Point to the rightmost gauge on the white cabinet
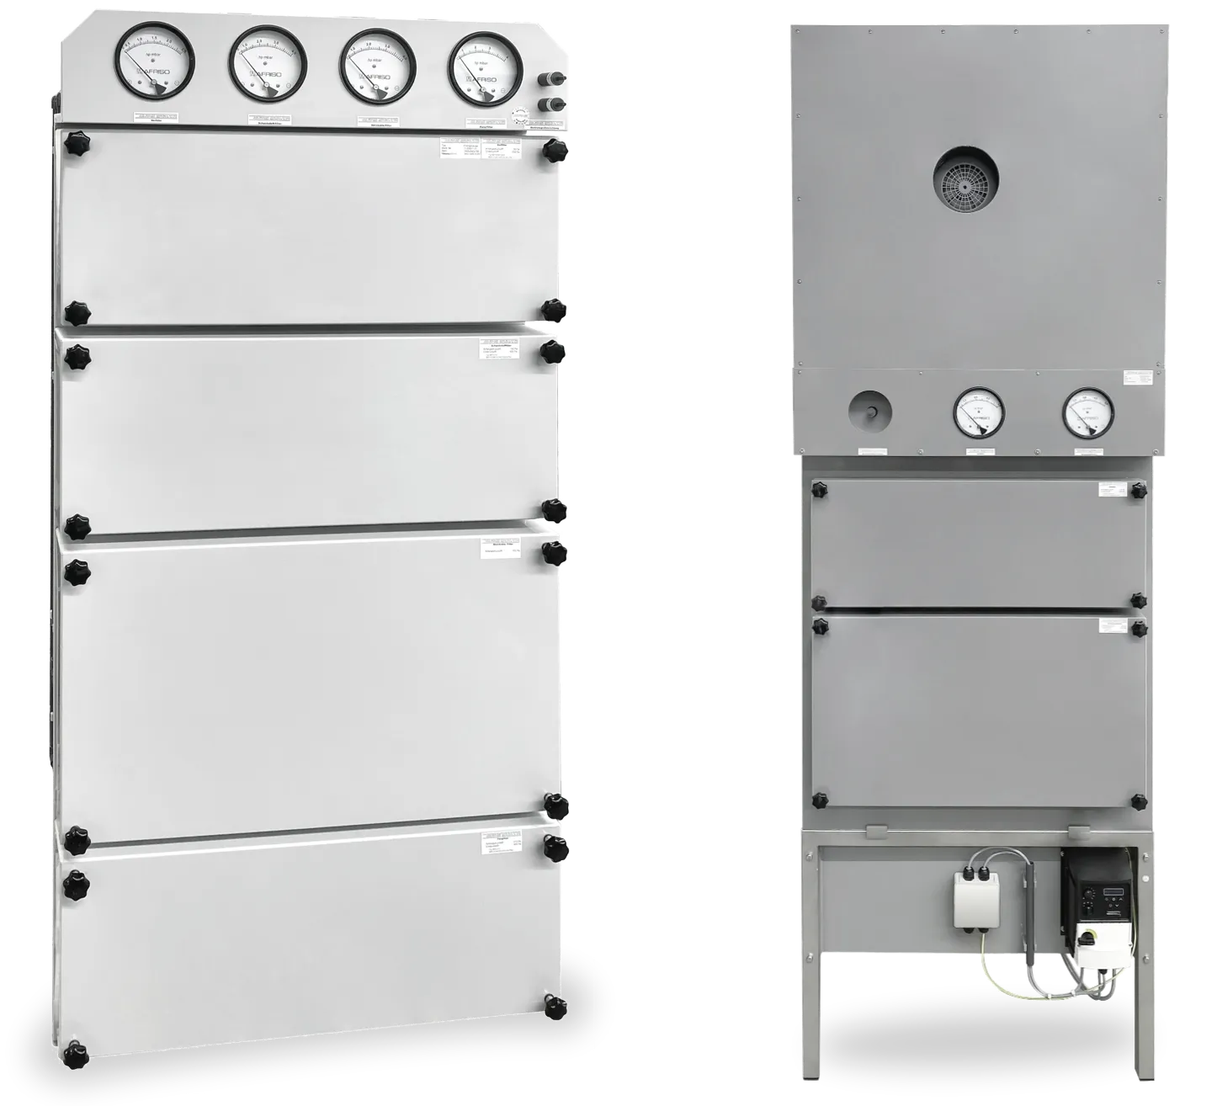(x=486, y=69)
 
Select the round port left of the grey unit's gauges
(x=869, y=412)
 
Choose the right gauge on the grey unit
(x=1088, y=413)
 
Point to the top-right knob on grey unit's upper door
(x=1139, y=489)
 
